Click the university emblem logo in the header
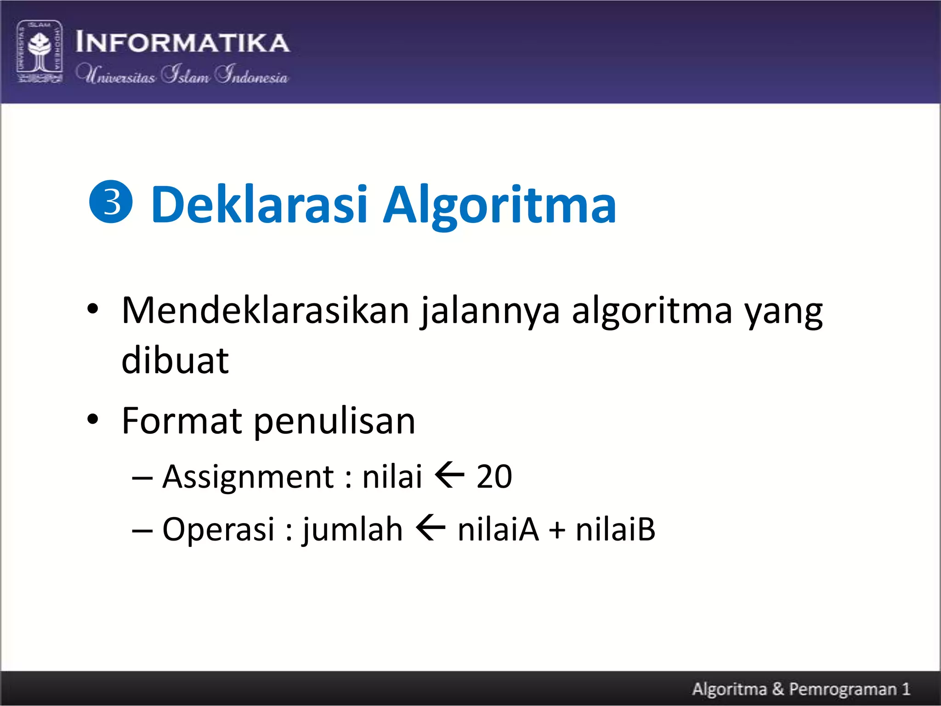(40, 51)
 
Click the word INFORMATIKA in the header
(182, 43)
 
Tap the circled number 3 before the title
(111, 202)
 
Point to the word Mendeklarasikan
(265, 311)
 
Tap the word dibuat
(175, 360)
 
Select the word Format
(181, 421)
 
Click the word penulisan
(334, 421)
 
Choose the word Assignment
(248, 477)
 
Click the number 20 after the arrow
(494, 477)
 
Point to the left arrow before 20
(449, 476)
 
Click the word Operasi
(218, 529)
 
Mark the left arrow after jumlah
(430, 528)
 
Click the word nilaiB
(615, 529)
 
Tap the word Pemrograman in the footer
(843, 689)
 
